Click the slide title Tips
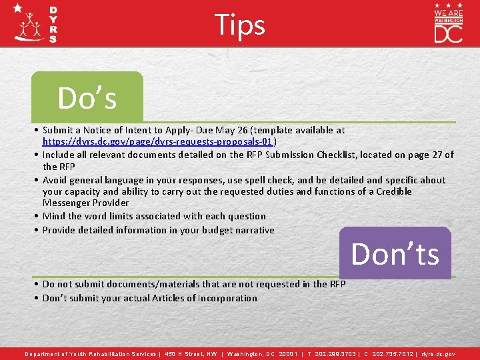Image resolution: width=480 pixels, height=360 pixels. [240, 25]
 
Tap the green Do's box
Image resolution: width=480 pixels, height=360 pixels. [87, 97]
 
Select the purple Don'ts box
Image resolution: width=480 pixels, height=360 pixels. [395, 253]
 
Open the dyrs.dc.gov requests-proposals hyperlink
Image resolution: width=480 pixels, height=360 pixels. [159, 142]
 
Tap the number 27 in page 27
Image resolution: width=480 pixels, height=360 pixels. [438, 155]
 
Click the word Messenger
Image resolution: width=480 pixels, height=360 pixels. [64, 203]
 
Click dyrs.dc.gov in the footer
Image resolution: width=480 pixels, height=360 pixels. [439, 354]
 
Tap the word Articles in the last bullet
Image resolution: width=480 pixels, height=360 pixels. [162, 298]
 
